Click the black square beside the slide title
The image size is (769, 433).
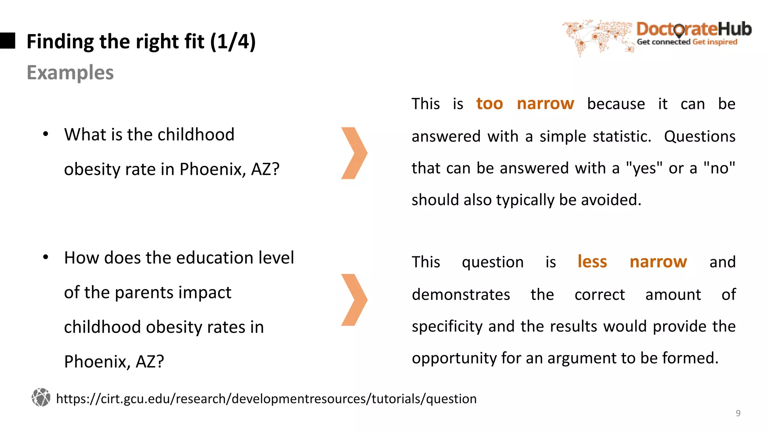pos(8,41)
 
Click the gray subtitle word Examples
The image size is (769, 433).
pos(70,73)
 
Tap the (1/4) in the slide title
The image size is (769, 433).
pos(233,41)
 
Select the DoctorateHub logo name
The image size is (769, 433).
pos(694,29)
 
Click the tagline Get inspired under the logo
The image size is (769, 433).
pos(715,42)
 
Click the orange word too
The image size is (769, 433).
pos(489,103)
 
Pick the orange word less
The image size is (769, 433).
pos(592,262)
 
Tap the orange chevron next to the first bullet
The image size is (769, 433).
pos(354,153)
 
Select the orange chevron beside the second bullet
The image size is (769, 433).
pos(354,300)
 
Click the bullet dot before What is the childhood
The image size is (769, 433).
pos(45,134)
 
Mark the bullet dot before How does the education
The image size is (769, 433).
pos(45,257)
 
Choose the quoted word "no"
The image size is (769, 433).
pos(719,168)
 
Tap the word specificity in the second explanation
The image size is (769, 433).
pos(447,326)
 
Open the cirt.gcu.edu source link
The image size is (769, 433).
pos(266,398)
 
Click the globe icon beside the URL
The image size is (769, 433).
pos(41,397)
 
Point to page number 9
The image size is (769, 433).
pos(738,413)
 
